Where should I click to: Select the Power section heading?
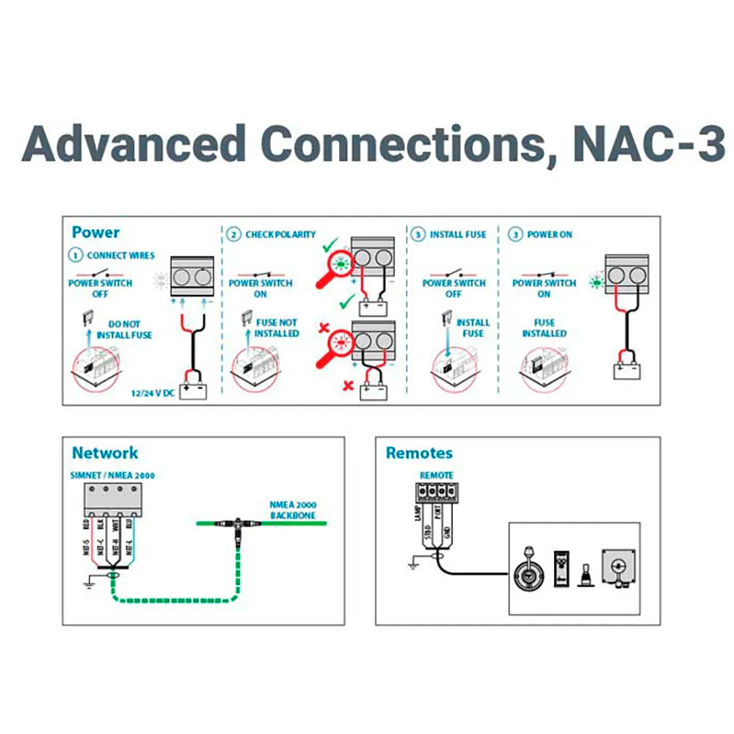[95, 233]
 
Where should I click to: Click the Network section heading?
[104, 453]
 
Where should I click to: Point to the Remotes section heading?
[419, 453]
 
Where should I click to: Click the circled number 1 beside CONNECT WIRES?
[76, 255]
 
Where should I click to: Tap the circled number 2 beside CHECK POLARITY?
[233, 235]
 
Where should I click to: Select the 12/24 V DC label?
[151, 393]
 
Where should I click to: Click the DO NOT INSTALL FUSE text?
[125, 330]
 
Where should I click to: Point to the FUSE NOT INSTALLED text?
[277, 328]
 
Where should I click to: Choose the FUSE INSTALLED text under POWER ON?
[544, 328]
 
